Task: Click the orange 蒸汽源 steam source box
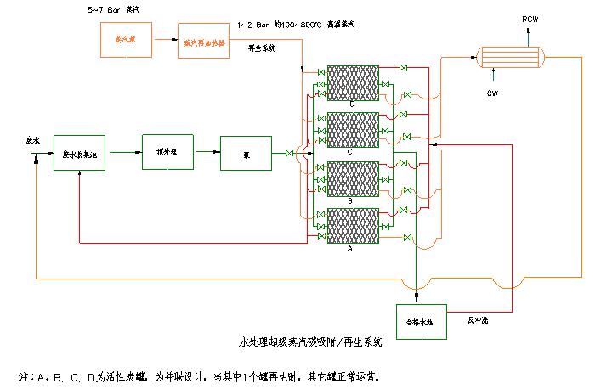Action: tap(122, 41)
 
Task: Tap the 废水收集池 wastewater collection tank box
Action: tap(79, 153)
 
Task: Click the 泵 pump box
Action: tap(246, 153)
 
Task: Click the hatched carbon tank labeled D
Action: tap(352, 83)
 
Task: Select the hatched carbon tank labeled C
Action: tap(352, 130)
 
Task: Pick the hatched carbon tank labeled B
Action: tap(352, 178)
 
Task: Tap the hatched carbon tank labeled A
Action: tap(352, 226)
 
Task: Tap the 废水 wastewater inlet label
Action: tap(34, 142)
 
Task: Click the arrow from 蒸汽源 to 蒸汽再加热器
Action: tap(161, 41)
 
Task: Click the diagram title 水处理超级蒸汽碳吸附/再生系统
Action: tap(311, 344)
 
